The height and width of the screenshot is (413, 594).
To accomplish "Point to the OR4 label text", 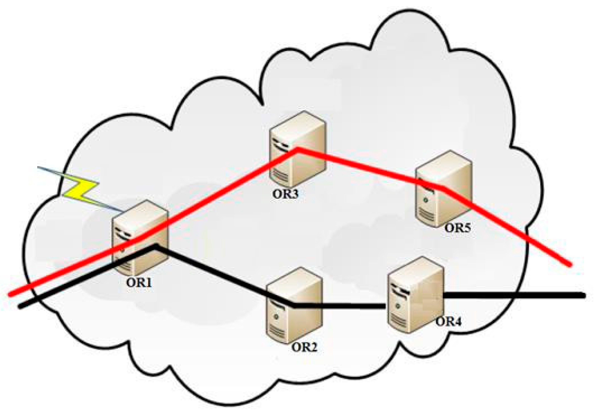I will coord(448,322).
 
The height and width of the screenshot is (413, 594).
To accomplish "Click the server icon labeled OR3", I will coord(297,150).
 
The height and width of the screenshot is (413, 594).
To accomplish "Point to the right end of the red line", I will coord(569,264).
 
